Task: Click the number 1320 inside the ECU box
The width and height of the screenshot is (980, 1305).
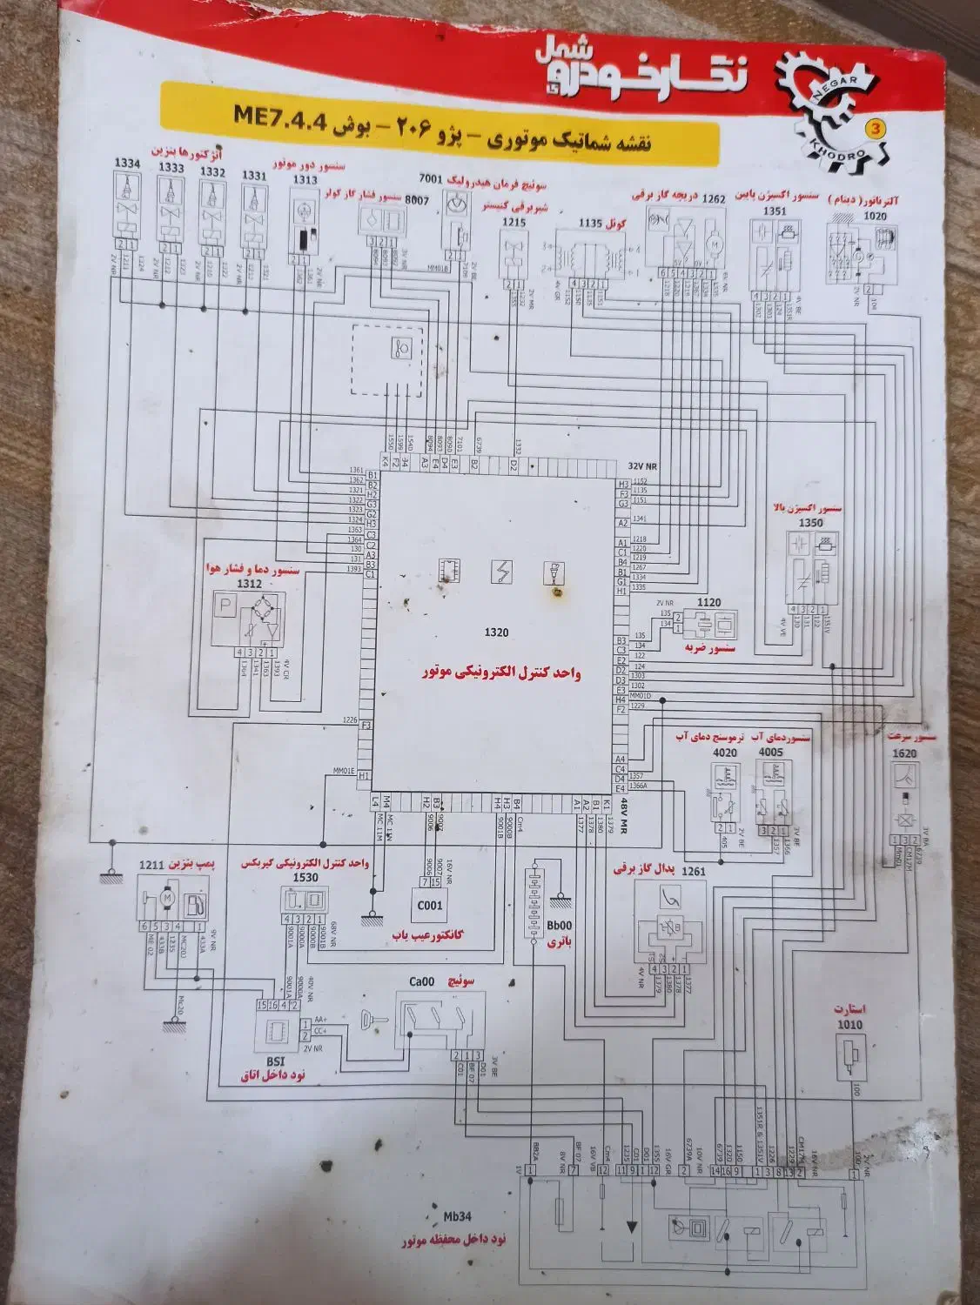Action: coord(497,632)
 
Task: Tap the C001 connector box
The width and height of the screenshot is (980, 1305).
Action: coord(429,905)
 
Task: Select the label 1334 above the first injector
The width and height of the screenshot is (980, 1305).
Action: coord(127,164)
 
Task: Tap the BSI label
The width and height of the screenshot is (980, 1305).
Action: coord(276,1061)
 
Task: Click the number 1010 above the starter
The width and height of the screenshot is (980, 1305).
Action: coord(849,1025)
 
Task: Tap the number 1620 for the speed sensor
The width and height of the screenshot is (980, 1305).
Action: coord(904,754)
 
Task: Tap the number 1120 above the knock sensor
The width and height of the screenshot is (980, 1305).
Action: coord(708,602)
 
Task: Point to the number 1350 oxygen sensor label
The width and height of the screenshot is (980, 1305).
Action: coord(809,523)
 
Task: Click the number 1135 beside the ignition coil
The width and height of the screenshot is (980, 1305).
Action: coord(591,223)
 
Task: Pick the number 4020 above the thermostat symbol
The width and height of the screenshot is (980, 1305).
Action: coord(724,753)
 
